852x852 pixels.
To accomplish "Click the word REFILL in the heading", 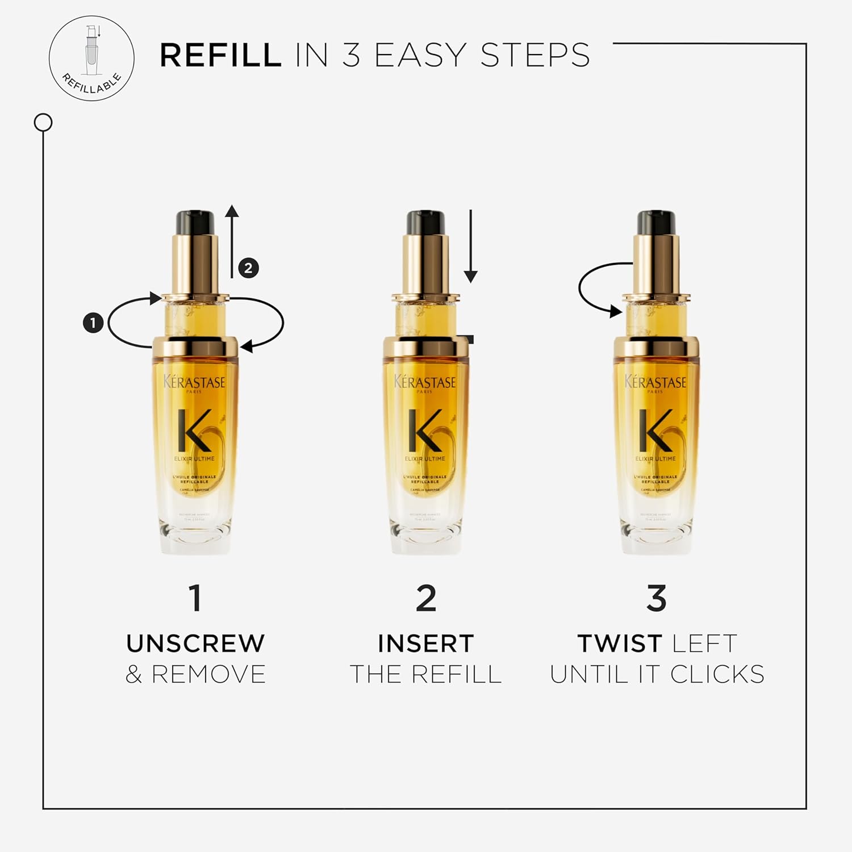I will (x=220, y=55).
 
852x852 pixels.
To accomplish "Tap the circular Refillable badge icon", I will (x=91, y=59).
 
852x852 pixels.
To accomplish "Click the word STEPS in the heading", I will (x=535, y=55).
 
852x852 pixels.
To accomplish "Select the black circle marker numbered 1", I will (x=93, y=323).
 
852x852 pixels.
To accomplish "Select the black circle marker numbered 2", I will (x=248, y=268).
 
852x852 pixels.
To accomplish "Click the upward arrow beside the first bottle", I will (x=232, y=241).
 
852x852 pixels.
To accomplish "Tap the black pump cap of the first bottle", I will (x=195, y=222).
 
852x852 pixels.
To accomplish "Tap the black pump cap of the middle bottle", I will (x=425, y=222).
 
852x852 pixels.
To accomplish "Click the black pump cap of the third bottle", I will (x=656, y=222).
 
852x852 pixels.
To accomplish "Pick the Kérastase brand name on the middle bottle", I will (x=425, y=382).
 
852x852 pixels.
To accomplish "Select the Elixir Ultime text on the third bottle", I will (x=655, y=458).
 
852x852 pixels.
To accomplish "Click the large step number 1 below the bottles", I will (x=195, y=598).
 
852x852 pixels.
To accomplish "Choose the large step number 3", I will (x=656, y=598).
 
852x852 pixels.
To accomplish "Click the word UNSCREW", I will (x=195, y=644).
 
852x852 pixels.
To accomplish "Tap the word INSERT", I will (x=425, y=644).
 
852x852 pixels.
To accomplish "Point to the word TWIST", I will (x=619, y=644).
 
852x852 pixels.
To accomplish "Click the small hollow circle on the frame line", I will (x=43, y=122).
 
